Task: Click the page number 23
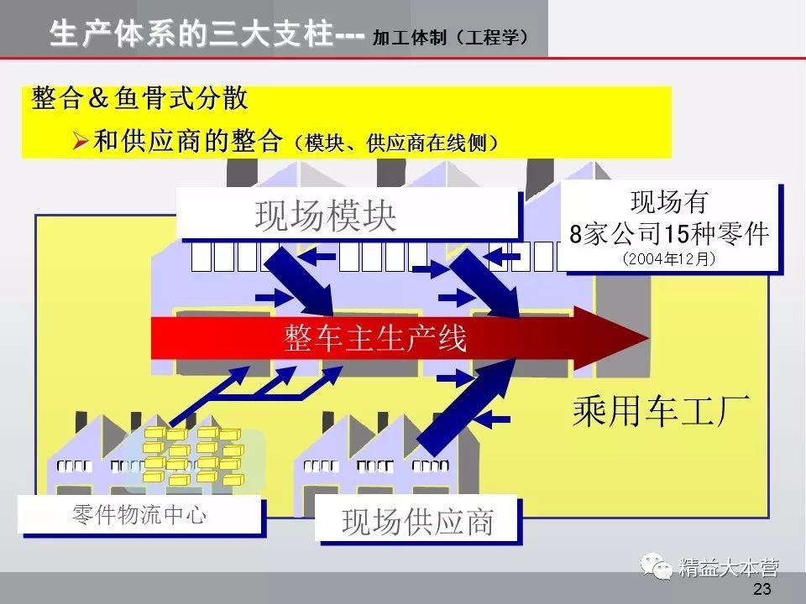[762, 589]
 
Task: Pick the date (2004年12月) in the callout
[669, 259]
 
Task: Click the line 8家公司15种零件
[669, 234]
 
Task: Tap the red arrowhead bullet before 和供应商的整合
[81, 141]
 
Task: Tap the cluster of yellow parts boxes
[192, 456]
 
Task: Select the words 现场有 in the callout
[669, 203]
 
